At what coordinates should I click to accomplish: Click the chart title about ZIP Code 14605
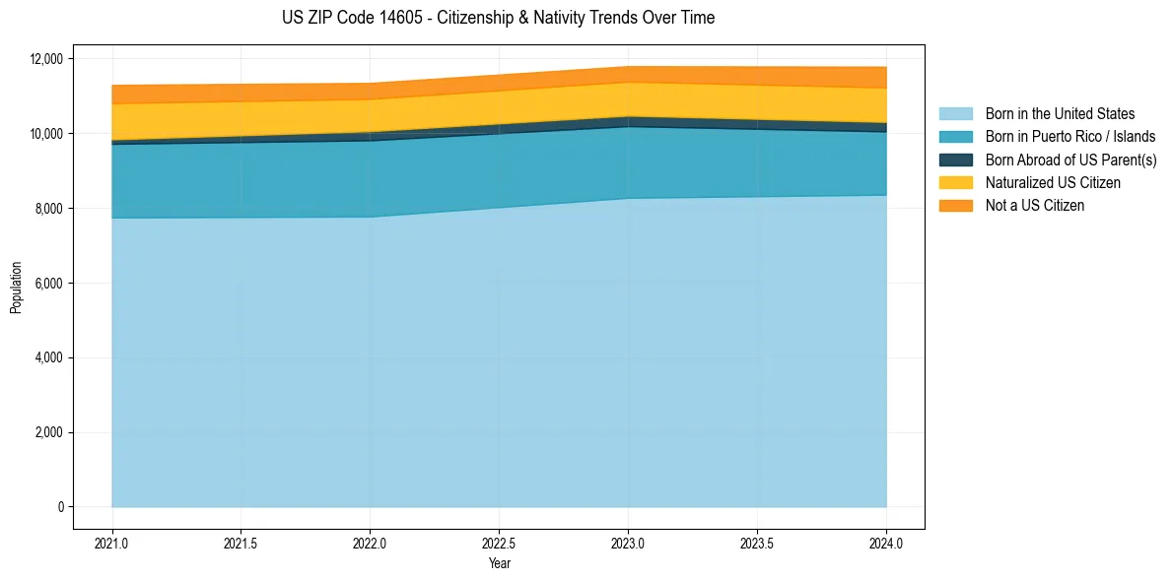[498, 18]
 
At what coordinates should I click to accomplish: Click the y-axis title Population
[16, 288]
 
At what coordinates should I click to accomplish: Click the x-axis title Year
[499, 563]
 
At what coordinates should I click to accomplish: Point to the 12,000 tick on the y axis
[45, 59]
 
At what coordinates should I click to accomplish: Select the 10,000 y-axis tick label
[45, 134]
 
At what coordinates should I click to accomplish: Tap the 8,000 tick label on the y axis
[48, 209]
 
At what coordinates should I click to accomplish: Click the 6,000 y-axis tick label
[48, 284]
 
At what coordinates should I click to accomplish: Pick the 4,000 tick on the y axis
[48, 357]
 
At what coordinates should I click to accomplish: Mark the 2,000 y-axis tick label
[48, 432]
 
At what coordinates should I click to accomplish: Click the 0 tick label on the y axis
[60, 507]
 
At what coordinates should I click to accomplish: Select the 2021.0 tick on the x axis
[111, 543]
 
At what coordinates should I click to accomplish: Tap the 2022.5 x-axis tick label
[499, 543]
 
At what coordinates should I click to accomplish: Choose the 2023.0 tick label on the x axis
[628, 543]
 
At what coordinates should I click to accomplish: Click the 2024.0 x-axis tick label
[886, 543]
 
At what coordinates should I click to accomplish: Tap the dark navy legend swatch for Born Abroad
[955, 160]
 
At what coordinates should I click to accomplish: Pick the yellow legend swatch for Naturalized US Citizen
[955, 183]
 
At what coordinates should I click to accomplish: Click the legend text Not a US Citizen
[1034, 206]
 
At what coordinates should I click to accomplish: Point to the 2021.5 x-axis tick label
[241, 543]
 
